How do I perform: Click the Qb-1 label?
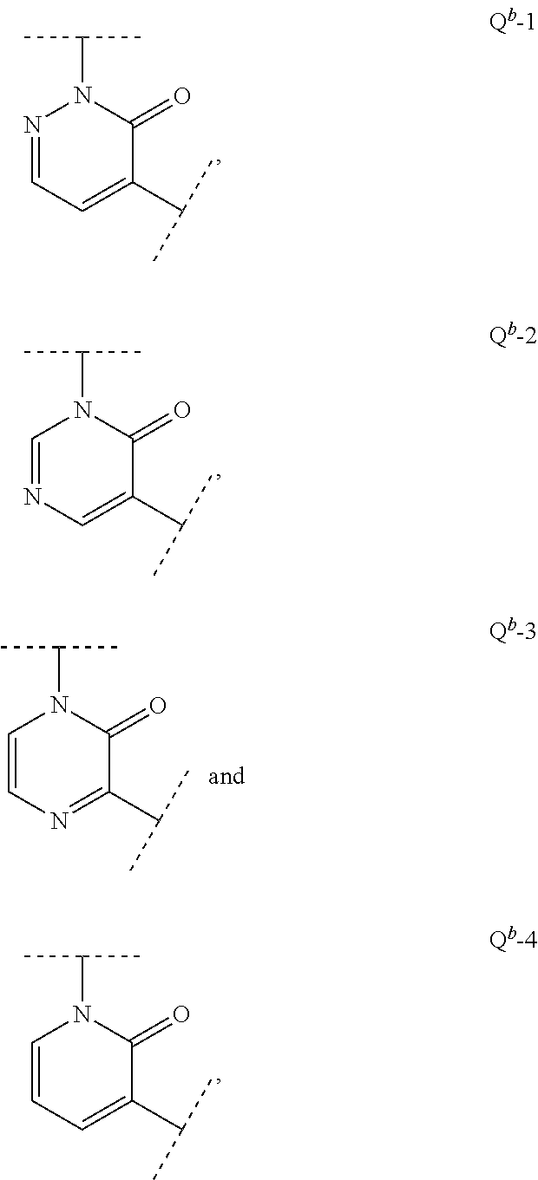(513, 21)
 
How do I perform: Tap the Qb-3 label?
(513, 630)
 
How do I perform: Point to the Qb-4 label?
(513, 940)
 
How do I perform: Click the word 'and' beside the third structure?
(226, 776)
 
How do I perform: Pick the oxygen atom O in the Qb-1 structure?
(181, 95)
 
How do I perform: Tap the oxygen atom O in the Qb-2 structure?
(181, 409)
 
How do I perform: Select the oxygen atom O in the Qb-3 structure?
(158, 706)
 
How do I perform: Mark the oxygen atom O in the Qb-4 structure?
(181, 1014)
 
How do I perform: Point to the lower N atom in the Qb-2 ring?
(33, 497)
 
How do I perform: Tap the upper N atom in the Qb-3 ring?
(59, 706)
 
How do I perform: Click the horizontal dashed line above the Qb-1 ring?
(82, 38)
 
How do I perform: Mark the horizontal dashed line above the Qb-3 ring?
(58, 647)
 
